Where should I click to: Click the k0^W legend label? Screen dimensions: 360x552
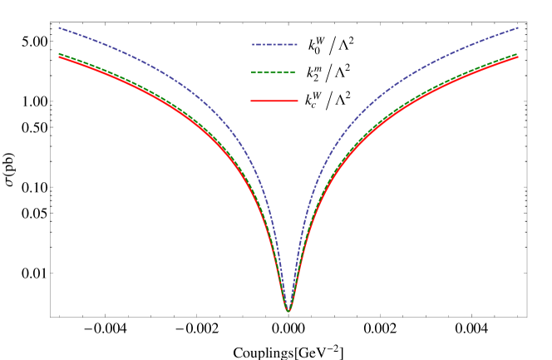coord(314,46)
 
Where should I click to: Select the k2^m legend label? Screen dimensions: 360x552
coord(313,73)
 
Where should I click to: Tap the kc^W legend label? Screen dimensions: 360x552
coord(313,101)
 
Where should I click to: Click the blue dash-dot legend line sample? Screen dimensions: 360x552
coord(274,44)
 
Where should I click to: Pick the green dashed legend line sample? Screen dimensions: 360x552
coord(274,72)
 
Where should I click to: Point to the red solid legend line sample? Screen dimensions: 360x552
coord(274,101)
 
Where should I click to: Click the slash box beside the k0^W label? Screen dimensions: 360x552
coord(332,46)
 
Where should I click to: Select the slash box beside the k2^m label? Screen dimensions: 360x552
coord(328,73)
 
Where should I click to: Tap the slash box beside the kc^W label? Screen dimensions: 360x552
coord(329,101)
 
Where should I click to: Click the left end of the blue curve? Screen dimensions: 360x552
coord(58,27)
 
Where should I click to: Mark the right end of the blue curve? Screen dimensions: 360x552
coord(518,27)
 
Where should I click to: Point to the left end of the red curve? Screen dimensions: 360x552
coord(58,57)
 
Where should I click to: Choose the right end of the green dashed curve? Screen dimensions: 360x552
coord(517,54)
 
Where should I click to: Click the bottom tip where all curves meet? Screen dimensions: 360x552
coord(288,310)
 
